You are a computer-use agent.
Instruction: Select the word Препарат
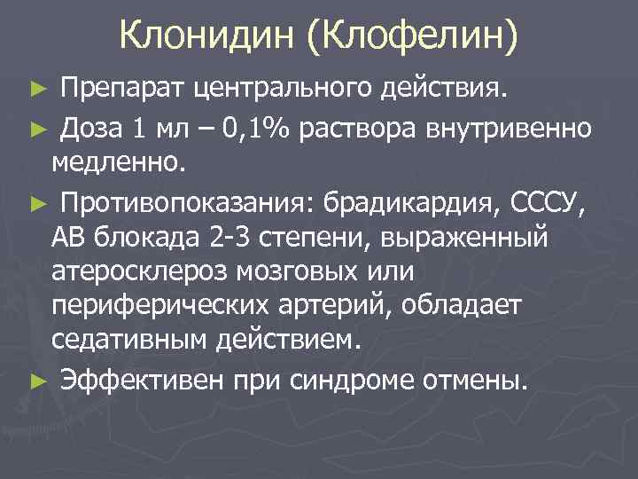(x=122, y=90)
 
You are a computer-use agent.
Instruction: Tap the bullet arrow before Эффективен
(x=35, y=381)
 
